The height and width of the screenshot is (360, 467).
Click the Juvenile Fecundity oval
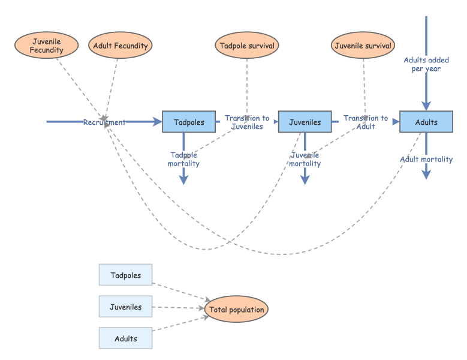[47, 46]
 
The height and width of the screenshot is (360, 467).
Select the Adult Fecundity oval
[120, 46]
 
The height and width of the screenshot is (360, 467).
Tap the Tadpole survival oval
[247, 46]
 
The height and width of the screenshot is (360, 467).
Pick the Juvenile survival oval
[363, 46]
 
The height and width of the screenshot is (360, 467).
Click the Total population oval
[236, 310]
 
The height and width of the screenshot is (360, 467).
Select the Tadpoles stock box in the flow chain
[188, 122]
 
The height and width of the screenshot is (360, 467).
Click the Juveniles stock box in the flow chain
[305, 122]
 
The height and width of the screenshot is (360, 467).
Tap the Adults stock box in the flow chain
[426, 122]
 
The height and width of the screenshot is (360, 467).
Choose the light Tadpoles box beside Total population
[126, 275]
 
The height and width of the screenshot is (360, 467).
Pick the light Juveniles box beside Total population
[126, 307]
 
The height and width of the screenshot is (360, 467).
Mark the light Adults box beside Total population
[126, 338]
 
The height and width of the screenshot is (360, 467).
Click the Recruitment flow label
[104, 122]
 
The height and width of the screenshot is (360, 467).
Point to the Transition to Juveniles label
[247, 122]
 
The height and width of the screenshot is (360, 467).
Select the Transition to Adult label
[366, 122]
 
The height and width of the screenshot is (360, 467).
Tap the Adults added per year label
[426, 64]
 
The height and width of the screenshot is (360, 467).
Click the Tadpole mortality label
[183, 159]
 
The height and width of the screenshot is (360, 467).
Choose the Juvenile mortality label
[305, 159]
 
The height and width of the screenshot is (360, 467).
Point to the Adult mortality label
[426, 159]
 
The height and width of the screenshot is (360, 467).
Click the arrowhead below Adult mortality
[426, 175]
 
